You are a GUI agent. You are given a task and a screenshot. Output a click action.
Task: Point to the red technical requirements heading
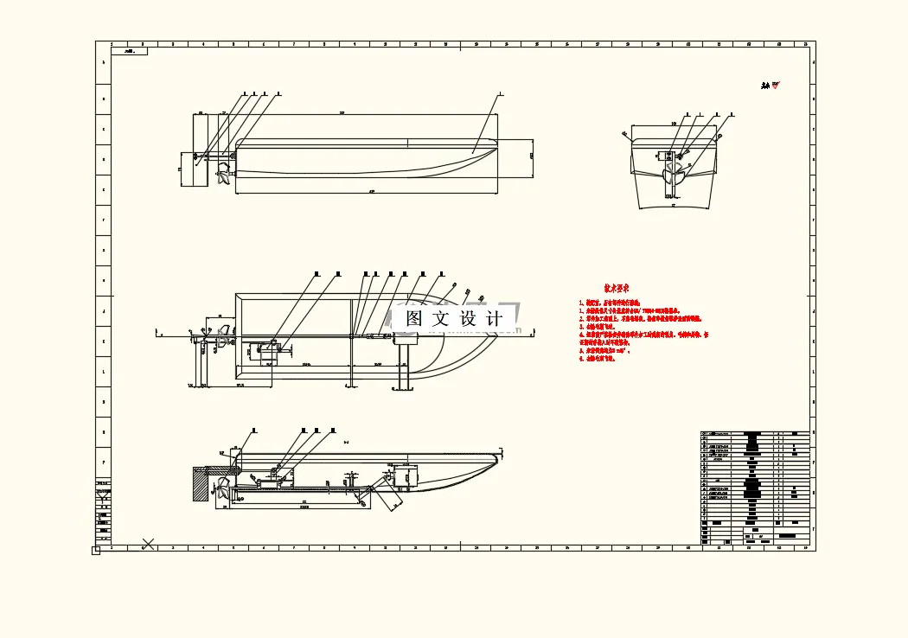point(616,288)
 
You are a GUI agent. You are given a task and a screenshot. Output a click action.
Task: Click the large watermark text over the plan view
point(454,318)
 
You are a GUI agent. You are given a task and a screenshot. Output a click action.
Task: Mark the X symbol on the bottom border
point(148,544)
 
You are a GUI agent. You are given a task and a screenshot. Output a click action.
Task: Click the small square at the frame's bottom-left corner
point(96,550)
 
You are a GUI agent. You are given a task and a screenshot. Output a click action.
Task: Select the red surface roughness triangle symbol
point(775,85)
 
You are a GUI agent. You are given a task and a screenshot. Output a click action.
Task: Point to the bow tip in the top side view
point(497,144)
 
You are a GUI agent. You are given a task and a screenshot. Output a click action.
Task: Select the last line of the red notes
point(597,359)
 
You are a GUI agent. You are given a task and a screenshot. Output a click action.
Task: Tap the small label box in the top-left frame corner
point(130,51)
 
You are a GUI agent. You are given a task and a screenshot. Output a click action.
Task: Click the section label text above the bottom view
point(346,443)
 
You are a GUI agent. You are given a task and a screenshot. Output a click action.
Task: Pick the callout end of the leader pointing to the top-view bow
point(501,93)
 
